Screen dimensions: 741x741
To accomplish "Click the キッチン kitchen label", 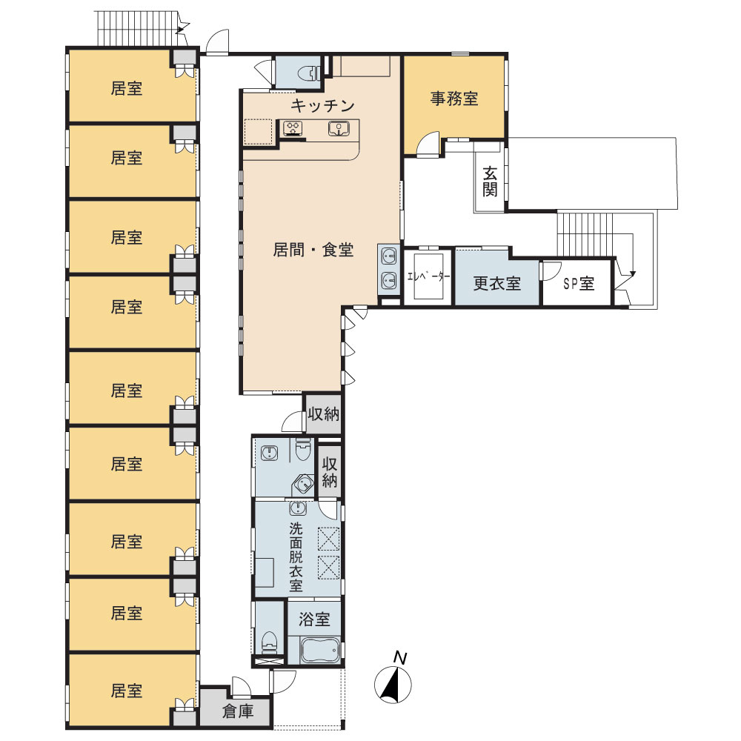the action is coord(322,105).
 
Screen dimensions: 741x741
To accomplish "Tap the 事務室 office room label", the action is coord(454,99).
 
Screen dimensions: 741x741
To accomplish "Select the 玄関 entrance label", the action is coord(490,182).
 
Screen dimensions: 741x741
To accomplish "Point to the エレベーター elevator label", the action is coord(428,277).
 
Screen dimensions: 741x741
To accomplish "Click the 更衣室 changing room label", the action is coord(497,283).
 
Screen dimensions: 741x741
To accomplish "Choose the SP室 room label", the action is coord(579,284).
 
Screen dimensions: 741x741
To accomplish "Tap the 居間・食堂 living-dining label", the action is coord(313,250).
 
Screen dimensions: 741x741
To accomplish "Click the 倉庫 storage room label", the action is coord(238,711).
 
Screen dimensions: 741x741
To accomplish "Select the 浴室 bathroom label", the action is coord(314,619).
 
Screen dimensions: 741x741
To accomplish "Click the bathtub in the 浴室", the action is coord(320,651).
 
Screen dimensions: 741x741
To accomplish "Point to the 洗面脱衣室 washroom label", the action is coord(296,556).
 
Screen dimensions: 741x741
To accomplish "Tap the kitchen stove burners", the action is coord(293,128).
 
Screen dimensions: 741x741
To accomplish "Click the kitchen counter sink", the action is coord(339,128).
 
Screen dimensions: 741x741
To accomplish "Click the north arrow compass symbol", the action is coord(393,683).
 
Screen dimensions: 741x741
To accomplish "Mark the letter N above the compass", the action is coord(400,658).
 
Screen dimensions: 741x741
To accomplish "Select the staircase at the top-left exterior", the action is coord(140,27).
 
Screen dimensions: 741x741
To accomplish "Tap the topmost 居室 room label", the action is coord(127,88).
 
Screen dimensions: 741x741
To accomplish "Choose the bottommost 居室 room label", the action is coord(127,691).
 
